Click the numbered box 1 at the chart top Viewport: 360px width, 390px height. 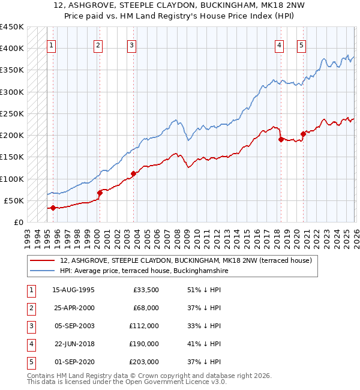pyautogui.click(x=52, y=44)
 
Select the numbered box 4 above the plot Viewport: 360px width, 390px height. pyautogui.click(x=280, y=44)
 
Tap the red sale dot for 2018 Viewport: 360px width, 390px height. pyautogui.click(x=280, y=139)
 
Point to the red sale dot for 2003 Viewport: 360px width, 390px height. pyautogui.click(x=133, y=173)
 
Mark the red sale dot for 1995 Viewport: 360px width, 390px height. pyautogui.click(x=53, y=208)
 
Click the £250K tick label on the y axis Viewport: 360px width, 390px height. pyautogui.click(x=12, y=113)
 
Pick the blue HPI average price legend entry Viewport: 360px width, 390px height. pyautogui.click(x=144, y=271)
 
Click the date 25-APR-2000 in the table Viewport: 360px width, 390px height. pyautogui.click(x=73, y=308)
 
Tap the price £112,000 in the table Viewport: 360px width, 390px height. pyautogui.click(x=144, y=326)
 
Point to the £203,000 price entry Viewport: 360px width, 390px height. pyautogui.click(x=144, y=362)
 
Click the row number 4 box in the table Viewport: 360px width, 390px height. pyautogui.click(x=30, y=344)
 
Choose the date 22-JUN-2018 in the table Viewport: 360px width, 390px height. pyautogui.click(x=73, y=344)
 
